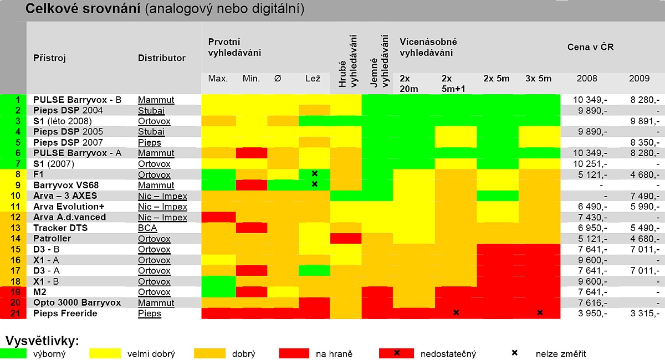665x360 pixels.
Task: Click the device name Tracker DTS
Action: tap(60, 228)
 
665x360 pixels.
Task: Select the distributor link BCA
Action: tap(147, 228)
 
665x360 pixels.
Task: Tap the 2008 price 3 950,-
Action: tap(592, 313)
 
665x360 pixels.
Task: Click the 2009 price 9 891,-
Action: tap(644, 121)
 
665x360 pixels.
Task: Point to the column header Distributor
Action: tap(162, 58)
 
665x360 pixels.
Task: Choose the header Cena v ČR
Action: tap(591, 47)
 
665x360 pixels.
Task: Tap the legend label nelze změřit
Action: tap(561, 354)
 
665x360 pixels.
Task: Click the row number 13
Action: tap(15, 228)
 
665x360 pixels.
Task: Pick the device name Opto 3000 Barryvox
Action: tap(76, 303)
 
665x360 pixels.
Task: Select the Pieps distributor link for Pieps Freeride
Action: tap(150, 313)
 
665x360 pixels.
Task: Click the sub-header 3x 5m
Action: tap(538, 79)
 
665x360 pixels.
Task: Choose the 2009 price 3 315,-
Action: tap(644, 313)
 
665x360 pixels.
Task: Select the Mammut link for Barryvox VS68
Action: tap(156, 185)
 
